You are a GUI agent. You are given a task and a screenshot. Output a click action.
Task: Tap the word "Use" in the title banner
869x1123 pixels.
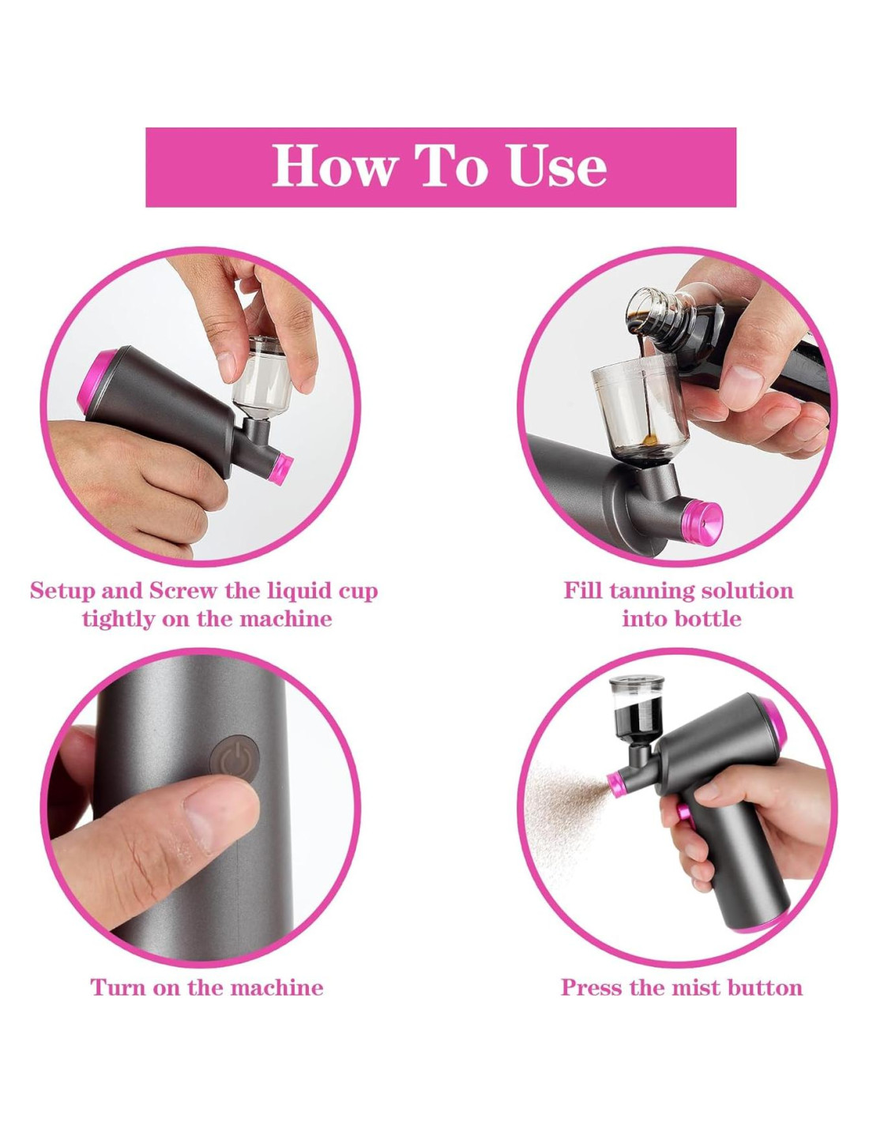(557, 166)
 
